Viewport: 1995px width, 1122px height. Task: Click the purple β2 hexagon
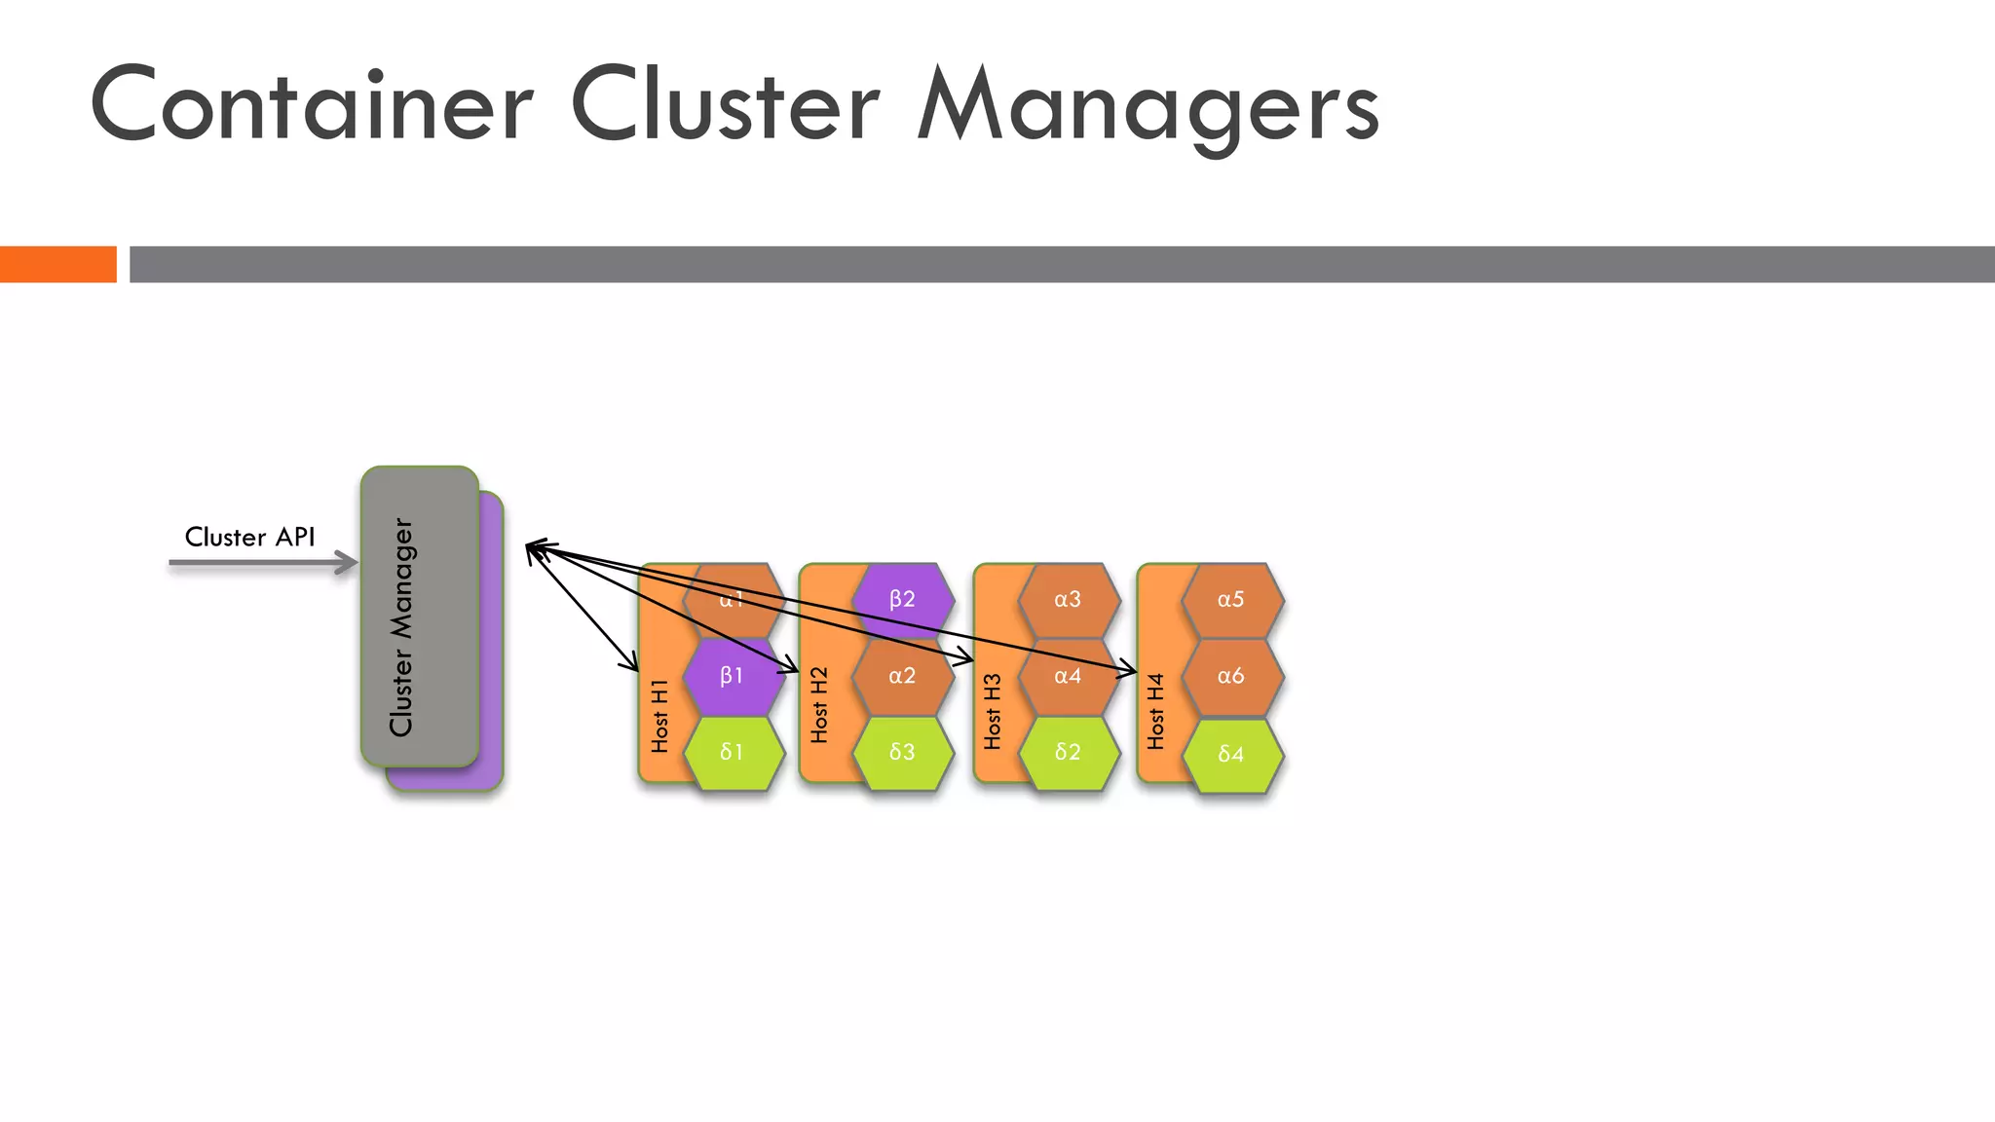(902, 599)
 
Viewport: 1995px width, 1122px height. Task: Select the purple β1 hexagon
(733, 676)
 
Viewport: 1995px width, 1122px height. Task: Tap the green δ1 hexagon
(733, 752)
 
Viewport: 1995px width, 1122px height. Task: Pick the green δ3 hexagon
(902, 752)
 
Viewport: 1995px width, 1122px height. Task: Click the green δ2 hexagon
(1069, 752)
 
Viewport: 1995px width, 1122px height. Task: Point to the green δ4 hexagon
(1231, 754)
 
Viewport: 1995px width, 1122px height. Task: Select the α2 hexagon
(902, 676)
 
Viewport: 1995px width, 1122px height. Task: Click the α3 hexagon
(1069, 599)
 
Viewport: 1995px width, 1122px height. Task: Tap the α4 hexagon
(1069, 676)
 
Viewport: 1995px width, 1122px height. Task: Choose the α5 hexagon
(1231, 599)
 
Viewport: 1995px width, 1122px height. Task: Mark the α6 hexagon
(1231, 676)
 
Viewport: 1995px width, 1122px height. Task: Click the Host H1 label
(659, 716)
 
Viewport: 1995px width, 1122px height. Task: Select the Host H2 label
(819, 705)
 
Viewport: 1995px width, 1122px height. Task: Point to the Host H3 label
(993, 712)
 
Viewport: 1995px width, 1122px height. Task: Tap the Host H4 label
(1156, 712)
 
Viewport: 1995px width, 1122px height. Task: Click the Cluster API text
(249, 538)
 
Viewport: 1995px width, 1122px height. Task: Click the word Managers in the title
(1148, 107)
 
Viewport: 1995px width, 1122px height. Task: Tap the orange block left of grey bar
(57, 264)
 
